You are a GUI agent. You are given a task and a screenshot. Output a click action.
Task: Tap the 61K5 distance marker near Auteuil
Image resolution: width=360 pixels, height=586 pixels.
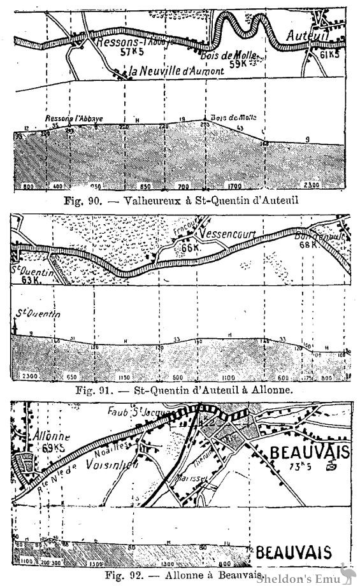pyautogui.click(x=333, y=57)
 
